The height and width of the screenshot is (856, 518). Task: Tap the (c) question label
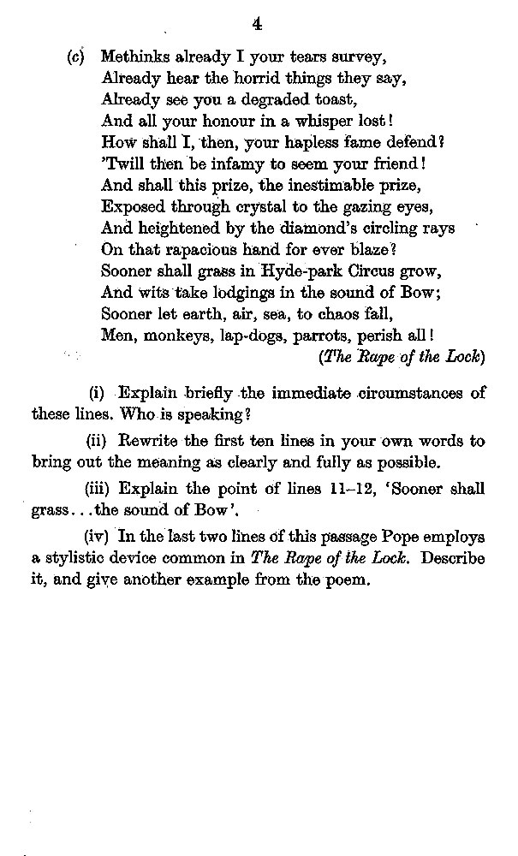click(74, 59)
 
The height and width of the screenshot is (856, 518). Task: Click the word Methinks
click(133, 59)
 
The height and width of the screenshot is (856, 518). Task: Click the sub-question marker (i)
click(96, 394)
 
